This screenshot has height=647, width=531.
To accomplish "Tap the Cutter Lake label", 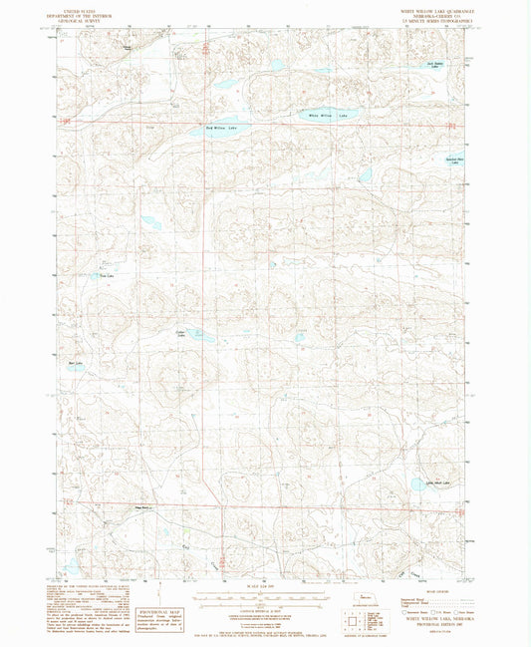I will click(181, 333).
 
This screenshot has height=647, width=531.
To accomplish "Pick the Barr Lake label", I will click(76, 364).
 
